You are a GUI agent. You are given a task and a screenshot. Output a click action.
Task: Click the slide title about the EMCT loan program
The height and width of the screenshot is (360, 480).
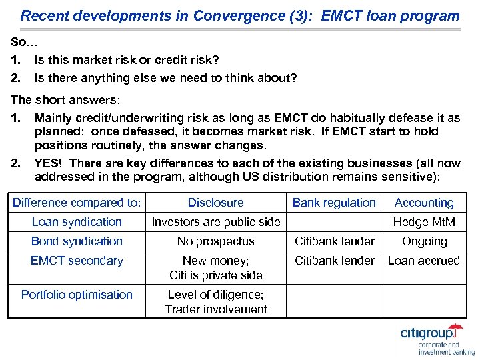[x=240, y=15]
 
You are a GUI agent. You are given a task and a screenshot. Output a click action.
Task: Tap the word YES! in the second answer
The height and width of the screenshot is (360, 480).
[x=50, y=163]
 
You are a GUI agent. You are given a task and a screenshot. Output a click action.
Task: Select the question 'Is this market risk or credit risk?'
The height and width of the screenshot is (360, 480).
[x=127, y=61]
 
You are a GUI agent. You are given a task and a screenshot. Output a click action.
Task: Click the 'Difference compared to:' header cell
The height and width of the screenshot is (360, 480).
[x=77, y=203]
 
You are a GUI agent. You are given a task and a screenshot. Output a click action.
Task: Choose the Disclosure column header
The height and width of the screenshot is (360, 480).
[x=215, y=203]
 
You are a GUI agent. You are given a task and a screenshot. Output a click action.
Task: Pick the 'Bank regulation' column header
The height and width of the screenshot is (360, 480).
[x=334, y=203]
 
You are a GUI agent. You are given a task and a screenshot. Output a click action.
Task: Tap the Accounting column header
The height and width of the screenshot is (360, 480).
[x=424, y=203]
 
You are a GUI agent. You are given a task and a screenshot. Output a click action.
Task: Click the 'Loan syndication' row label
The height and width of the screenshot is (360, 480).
[x=77, y=222]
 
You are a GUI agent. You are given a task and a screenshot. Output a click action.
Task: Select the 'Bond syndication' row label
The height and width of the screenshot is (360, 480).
[x=77, y=241]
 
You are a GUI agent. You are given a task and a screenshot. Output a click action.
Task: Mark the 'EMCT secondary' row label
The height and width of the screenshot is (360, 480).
[x=77, y=261]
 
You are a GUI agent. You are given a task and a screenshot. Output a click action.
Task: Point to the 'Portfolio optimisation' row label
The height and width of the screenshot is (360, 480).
[x=77, y=295]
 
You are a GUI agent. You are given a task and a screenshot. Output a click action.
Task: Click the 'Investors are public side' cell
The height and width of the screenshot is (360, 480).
[x=215, y=222]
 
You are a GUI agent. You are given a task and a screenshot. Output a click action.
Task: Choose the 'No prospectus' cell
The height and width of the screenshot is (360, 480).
[x=215, y=241]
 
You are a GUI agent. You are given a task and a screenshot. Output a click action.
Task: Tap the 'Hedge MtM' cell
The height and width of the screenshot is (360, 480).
[x=424, y=222]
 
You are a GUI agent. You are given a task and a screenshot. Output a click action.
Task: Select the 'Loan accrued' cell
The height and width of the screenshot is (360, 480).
[x=424, y=261]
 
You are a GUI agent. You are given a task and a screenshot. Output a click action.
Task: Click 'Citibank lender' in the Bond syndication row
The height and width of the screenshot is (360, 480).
[x=334, y=241]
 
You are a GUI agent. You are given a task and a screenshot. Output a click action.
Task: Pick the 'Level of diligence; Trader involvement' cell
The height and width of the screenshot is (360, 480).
[x=215, y=301]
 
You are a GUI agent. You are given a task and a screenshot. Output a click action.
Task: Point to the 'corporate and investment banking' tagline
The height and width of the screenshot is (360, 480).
[x=446, y=349]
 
